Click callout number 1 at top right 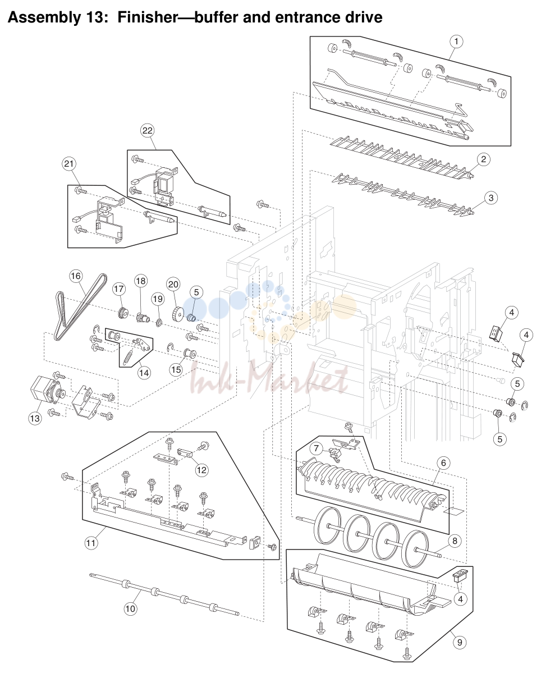(456, 42)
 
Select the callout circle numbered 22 (147, 130)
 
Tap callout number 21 (69, 163)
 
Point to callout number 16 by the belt (76, 276)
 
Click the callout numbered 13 (35, 418)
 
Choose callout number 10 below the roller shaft (130, 608)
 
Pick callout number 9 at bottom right (460, 643)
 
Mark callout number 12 (201, 470)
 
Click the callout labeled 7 (316, 449)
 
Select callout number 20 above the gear (173, 285)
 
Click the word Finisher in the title (147, 17)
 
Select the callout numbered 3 (491, 198)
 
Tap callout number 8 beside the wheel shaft (455, 541)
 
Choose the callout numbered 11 (90, 543)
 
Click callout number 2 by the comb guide (484, 159)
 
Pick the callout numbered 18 (141, 281)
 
